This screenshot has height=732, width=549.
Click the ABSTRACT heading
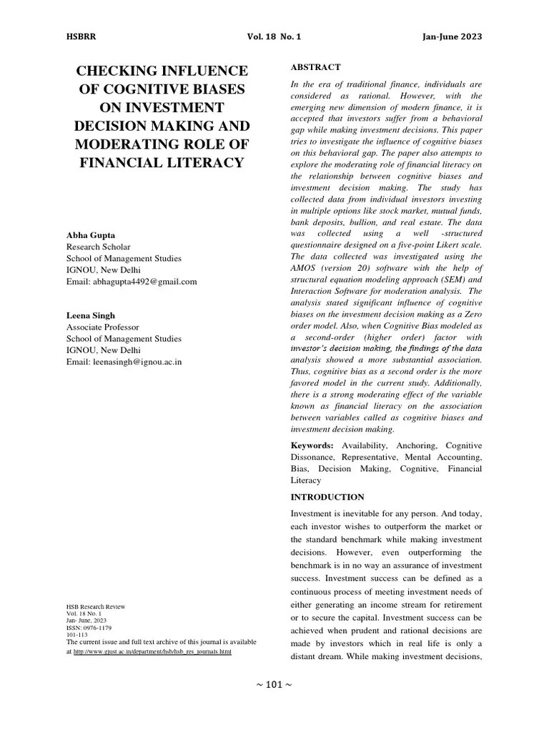point(315,67)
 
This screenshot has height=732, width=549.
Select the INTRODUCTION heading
point(327,497)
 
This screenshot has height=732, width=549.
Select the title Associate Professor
point(104,327)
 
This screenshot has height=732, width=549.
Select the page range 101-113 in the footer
point(77,633)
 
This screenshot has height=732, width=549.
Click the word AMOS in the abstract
point(305,267)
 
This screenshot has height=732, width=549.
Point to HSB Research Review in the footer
point(96,607)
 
